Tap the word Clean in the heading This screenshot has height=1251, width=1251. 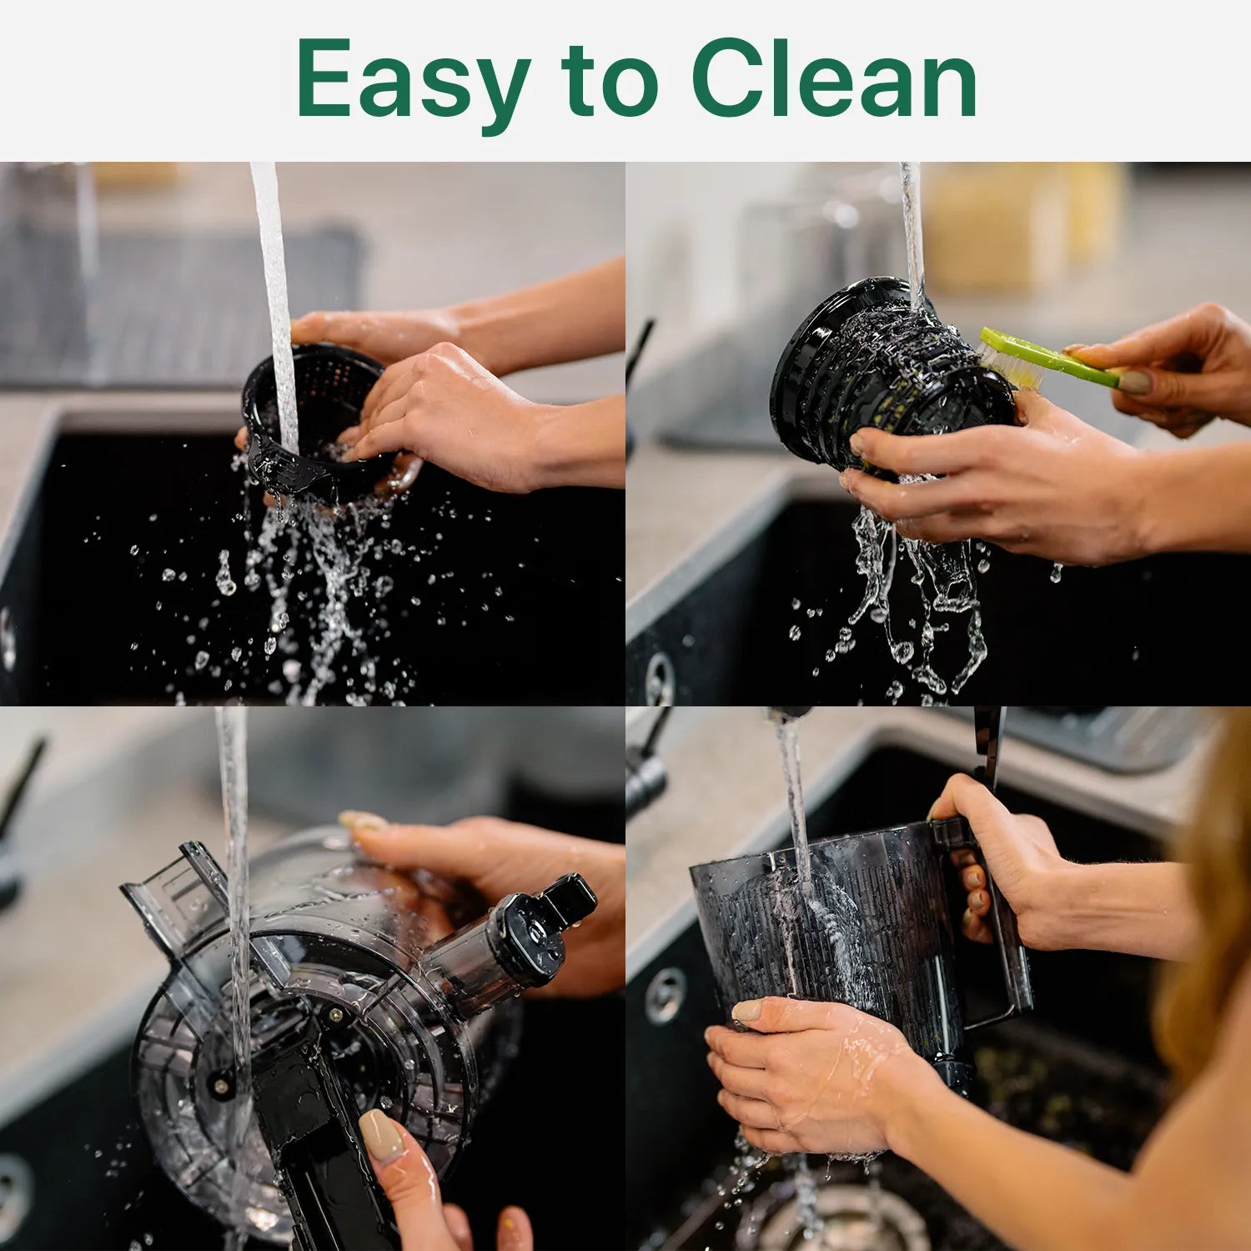point(834,79)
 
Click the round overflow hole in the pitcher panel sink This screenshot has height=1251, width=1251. point(665,995)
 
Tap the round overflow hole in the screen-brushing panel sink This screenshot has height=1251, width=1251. point(660,677)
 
